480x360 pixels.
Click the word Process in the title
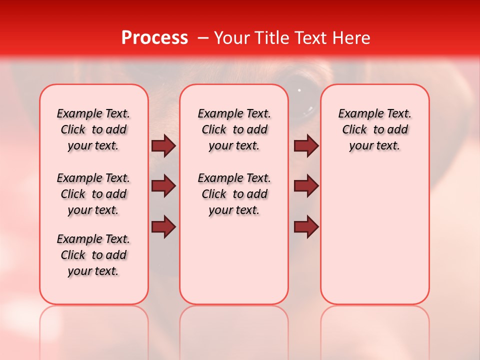coord(154,38)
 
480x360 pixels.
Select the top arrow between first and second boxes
coord(163,146)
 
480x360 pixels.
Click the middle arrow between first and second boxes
coord(163,186)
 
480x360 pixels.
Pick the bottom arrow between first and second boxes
coord(163,226)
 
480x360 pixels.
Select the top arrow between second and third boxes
coord(306,146)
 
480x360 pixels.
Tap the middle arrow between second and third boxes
coord(306,186)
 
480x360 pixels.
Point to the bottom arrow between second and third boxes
coord(306,226)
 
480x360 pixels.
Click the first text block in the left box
coord(93,129)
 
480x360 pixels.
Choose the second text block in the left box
coord(93,194)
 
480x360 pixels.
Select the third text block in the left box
coord(93,255)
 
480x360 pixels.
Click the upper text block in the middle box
coord(234,129)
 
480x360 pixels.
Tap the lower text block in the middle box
coord(234,194)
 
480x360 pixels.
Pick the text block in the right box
coord(375,129)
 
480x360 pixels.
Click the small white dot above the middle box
coord(299,90)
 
